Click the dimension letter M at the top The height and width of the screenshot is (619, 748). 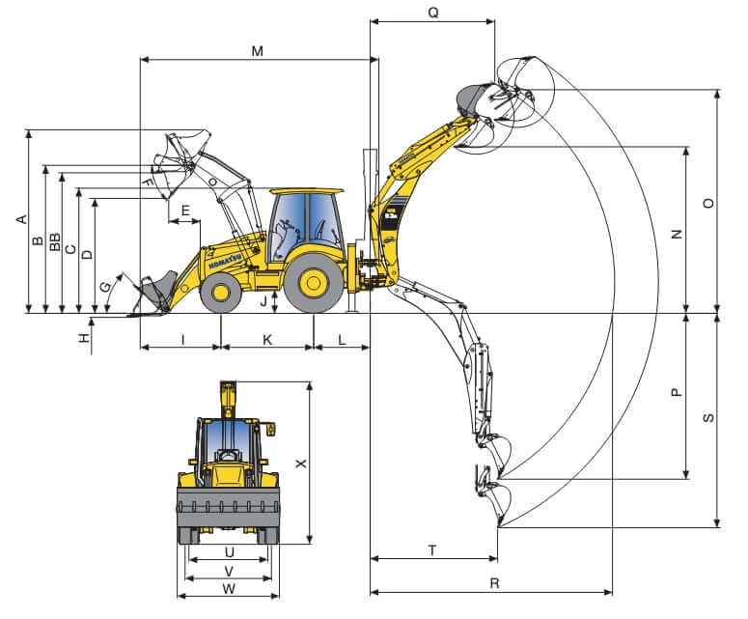pyautogui.click(x=258, y=50)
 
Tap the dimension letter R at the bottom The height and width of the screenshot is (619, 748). pyautogui.click(x=494, y=582)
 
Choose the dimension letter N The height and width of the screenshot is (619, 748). pyautogui.click(x=677, y=234)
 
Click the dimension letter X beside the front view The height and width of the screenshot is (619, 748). pyautogui.click(x=300, y=464)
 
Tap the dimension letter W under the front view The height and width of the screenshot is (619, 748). pyautogui.click(x=229, y=588)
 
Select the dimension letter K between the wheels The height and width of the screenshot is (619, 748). pyautogui.click(x=267, y=339)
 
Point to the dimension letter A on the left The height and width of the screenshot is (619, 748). pyautogui.click(x=20, y=220)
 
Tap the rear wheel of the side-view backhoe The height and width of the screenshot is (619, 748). pyautogui.click(x=313, y=283)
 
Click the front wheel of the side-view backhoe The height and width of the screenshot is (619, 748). pyautogui.click(x=221, y=291)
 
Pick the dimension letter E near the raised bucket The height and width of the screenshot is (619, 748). pyautogui.click(x=185, y=210)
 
